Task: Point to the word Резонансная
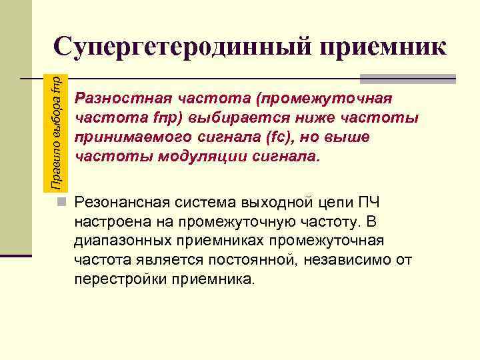[124, 202]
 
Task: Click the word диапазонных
[121, 240]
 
